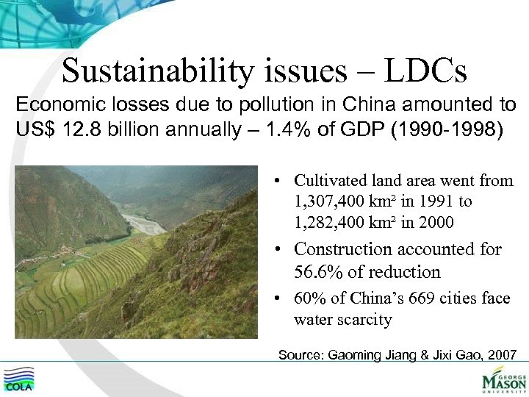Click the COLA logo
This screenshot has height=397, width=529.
21,379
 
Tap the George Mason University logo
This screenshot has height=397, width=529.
503,379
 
